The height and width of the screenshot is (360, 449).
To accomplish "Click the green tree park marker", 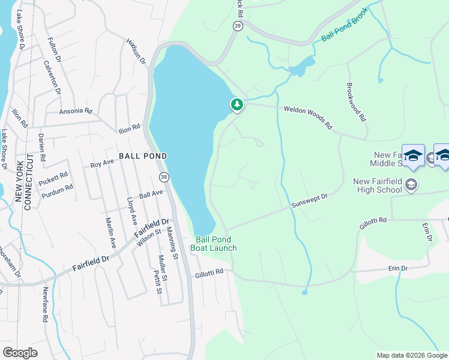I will (x=237, y=105).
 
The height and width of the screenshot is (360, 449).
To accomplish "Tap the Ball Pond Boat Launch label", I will (x=214, y=244).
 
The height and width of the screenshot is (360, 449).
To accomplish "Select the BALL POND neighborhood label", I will (x=142, y=155).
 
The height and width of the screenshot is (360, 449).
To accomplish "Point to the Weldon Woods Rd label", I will (x=307, y=118).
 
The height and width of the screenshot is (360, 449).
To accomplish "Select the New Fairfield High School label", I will (x=377, y=185).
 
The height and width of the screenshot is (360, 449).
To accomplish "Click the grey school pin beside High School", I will (x=411, y=184).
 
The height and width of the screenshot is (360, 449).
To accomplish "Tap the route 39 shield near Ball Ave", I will (x=163, y=177).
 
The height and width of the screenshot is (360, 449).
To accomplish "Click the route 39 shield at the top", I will (x=237, y=26).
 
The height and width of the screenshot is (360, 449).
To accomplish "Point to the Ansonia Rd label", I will (x=75, y=111).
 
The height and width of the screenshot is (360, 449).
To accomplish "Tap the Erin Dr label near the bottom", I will (x=397, y=268).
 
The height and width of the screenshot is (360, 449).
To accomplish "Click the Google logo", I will (x=20, y=353).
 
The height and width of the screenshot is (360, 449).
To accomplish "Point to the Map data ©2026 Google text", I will (x=411, y=355).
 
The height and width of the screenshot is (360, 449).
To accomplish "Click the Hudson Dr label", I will (x=136, y=52).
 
